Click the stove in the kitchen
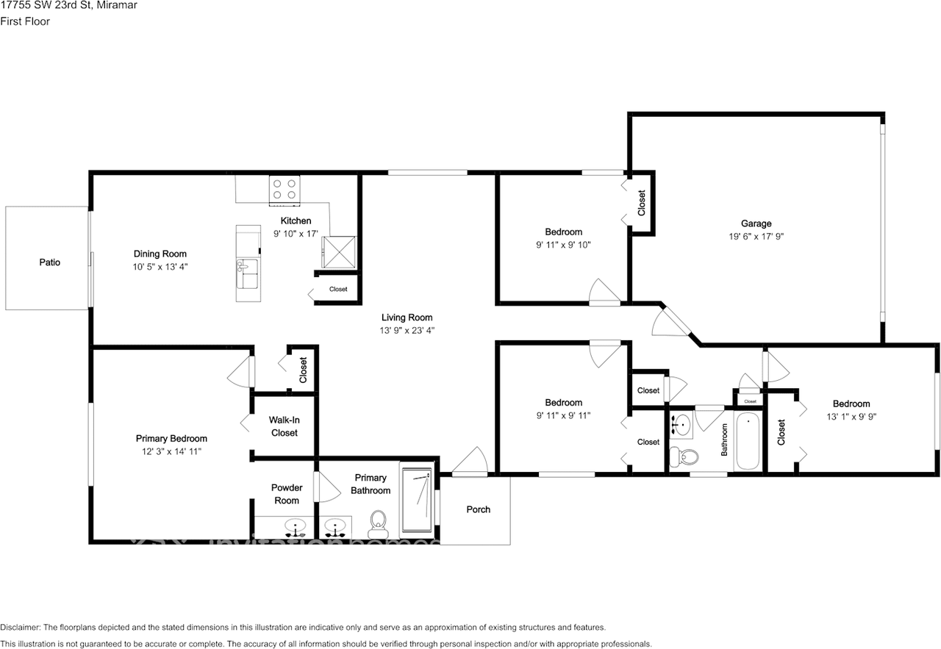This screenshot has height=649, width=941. (284, 189)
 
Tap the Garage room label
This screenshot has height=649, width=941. (756, 223)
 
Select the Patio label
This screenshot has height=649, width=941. (50, 262)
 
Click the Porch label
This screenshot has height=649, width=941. (478, 509)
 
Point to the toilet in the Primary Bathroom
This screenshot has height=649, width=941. (379, 520)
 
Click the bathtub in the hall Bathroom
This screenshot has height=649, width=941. (748, 442)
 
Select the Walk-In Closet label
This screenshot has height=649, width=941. (284, 426)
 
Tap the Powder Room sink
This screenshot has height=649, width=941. (296, 526)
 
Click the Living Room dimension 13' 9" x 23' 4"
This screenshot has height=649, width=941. (408, 331)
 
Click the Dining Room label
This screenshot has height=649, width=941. (160, 254)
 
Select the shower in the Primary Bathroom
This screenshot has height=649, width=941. (418, 499)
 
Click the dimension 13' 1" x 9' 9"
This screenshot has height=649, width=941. (851, 416)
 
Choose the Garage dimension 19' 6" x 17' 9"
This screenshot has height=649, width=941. (756, 237)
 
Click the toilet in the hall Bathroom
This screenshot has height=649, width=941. (687, 456)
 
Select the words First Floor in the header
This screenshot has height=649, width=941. (25, 21)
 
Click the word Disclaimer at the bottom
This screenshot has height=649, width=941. (20, 628)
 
